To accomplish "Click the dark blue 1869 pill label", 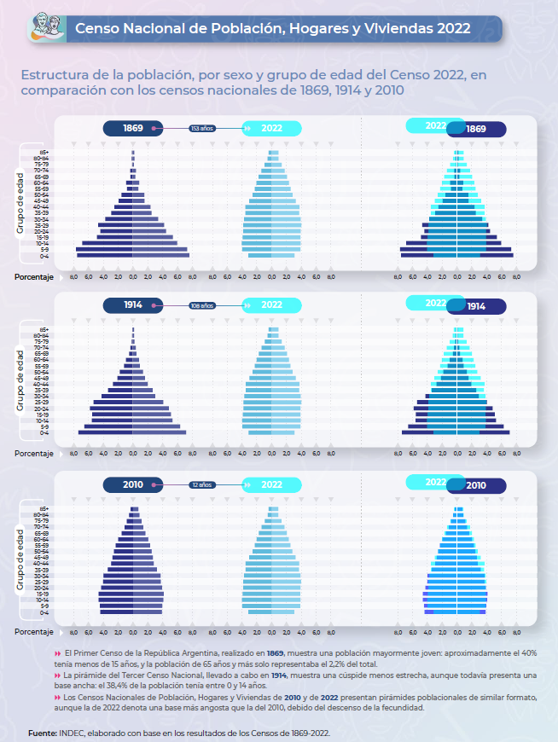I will (x=133, y=128).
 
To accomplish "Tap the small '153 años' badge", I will (x=202, y=128).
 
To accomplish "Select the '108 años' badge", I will (x=202, y=304).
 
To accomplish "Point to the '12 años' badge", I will (x=202, y=484).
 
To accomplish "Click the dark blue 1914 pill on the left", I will (x=133, y=304).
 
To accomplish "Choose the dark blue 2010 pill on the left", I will (x=133, y=484).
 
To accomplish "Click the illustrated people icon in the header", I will (x=44, y=27).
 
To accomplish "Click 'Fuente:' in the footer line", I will (x=42, y=733).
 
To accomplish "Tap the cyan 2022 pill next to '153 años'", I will (x=272, y=128).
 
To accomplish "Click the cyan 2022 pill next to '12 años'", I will (x=272, y=484).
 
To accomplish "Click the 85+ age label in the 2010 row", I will (x=42, y=509).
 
